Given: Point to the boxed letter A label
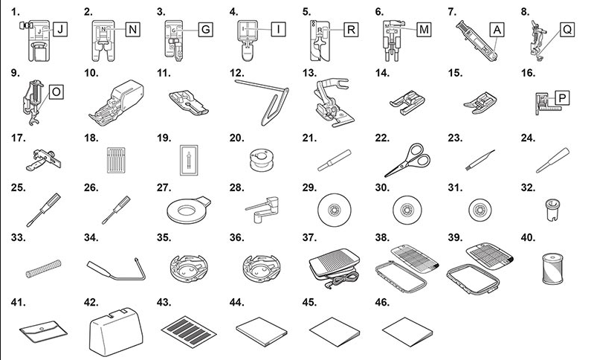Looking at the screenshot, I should point(497,31).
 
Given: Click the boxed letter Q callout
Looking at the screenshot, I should point(566,31).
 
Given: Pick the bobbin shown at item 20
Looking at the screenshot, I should point(260,157).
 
